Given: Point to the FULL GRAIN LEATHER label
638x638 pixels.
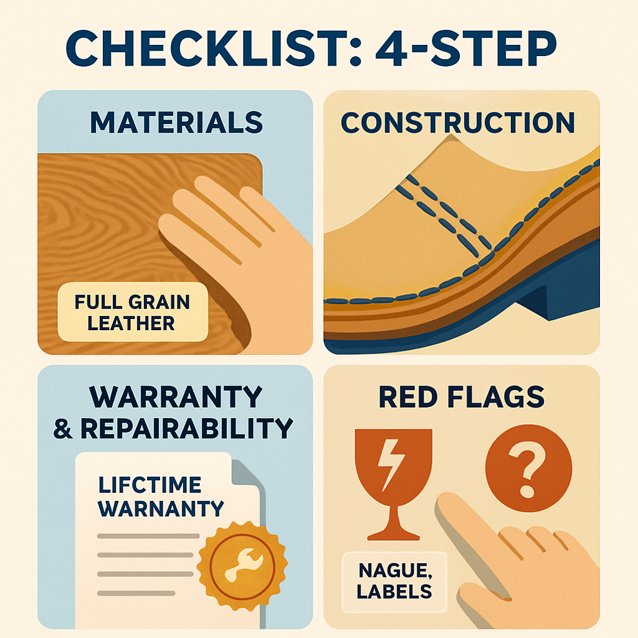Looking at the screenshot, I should [x=131, y=313].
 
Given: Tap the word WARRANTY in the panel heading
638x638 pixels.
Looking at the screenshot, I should [x=176, y=396].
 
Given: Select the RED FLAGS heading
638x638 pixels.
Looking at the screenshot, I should [x=462, y=396].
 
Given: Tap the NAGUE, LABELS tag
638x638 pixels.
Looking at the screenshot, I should [x=394, y=580].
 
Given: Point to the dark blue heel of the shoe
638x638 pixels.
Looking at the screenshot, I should [x=548, y=293].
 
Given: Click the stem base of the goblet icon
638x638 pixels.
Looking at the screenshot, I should [x=391, y=533].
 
